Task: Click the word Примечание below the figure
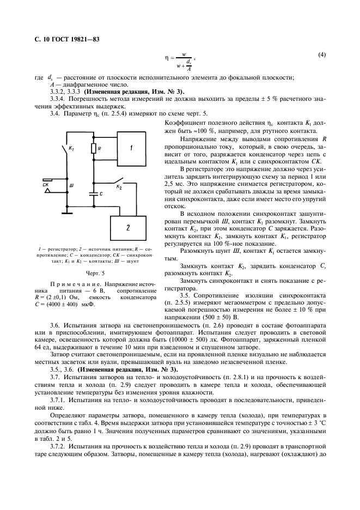coord(67,285)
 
